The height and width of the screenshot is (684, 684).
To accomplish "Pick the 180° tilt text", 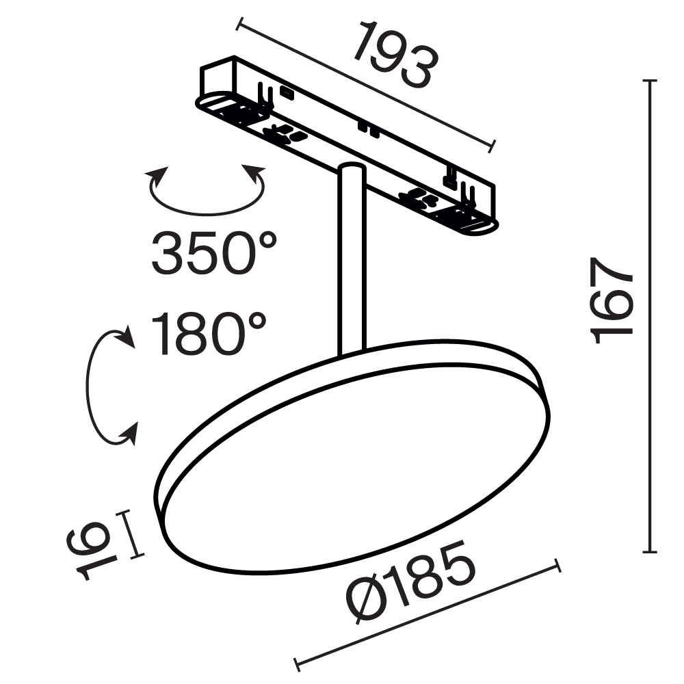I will (x=209, y=335).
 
